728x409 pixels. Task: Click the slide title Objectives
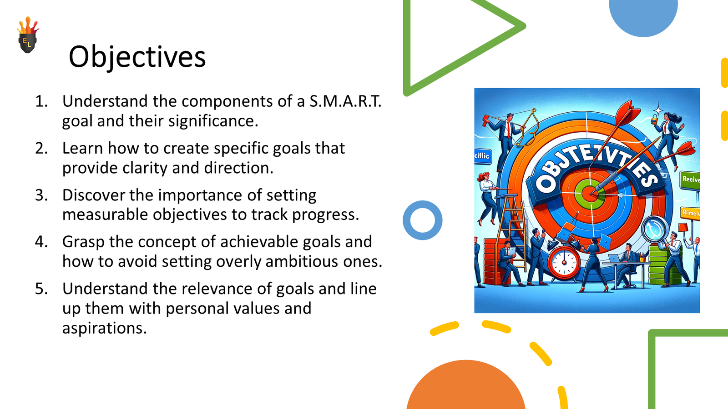coord(137,57)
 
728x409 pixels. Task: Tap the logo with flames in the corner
coord(28,36)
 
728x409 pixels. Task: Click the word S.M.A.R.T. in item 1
coord(345,101)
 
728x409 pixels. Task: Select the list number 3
coord(41,195)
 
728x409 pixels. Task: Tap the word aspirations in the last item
coord(104,328)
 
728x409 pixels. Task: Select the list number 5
coord(41,289)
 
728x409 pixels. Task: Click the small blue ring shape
coord(422,220)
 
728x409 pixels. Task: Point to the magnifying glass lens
coord(654,229)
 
